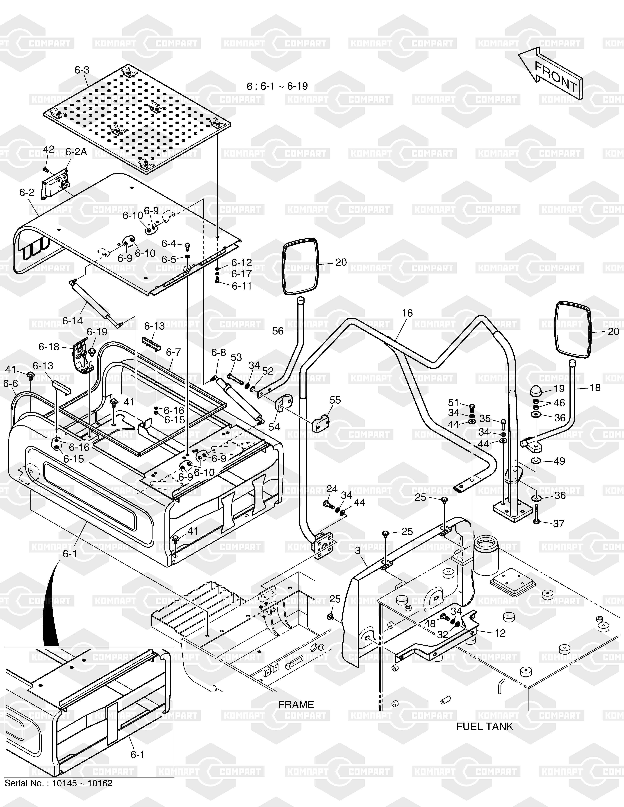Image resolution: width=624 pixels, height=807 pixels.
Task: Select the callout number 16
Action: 407,313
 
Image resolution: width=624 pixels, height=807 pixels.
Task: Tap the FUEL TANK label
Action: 485,726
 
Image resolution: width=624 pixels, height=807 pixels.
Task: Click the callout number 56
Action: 278,331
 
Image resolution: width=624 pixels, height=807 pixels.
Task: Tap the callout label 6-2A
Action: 76,152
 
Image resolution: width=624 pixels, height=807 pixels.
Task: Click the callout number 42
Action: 49,149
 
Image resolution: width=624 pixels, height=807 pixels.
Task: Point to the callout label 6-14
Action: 73,321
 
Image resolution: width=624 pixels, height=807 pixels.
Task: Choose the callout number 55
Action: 335,400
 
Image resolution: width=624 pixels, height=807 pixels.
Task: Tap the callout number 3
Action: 358,551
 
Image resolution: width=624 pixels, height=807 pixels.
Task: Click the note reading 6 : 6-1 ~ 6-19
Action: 277,86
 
